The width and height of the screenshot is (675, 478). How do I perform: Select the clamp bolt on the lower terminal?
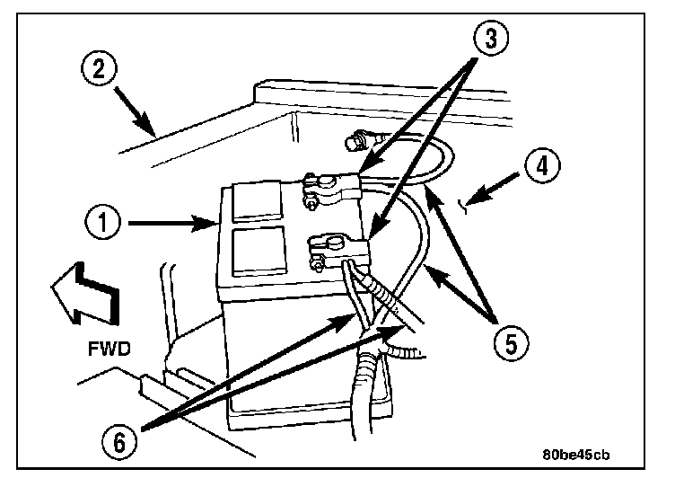pos(317,263)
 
